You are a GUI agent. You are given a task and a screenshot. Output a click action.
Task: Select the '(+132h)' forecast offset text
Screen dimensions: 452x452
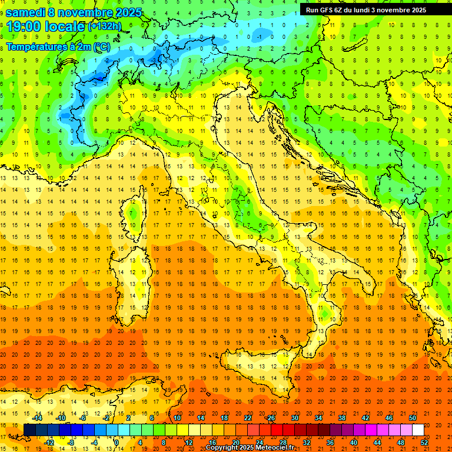click(x=105, y=26)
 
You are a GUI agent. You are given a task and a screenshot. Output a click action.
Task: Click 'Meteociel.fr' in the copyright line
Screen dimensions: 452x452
click(x=275, y=448)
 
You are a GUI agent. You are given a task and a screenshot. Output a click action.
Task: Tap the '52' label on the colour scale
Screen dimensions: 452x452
click(x=424, y=443)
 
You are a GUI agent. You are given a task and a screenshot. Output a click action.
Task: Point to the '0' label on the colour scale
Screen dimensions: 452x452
click(x=117, y=443)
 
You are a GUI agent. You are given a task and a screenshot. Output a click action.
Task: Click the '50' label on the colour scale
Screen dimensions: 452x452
click(x=413, y=418)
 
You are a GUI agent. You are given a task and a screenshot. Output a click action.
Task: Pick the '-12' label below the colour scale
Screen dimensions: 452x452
click(x=49, y=443)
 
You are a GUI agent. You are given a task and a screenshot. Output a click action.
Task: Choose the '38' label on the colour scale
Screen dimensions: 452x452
click(x=342, y=418)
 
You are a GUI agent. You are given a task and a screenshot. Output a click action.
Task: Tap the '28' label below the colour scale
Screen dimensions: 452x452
click(x=282, y=443)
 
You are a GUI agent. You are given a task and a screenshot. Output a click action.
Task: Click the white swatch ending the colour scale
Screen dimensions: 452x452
click(x=418, y=430)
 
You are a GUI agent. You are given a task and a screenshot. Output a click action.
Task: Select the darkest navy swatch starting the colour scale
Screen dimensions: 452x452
click(x=29, y=430)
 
